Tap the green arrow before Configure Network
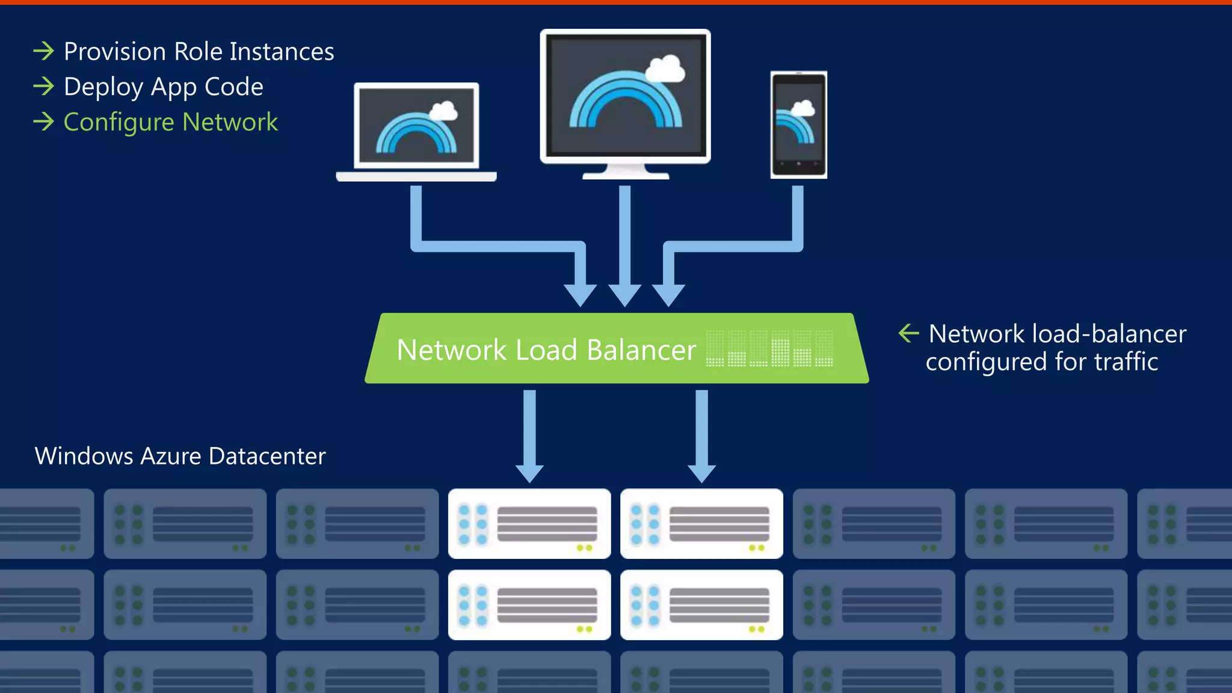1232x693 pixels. tap(43, 122)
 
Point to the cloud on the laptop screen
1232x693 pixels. tap(443, 111)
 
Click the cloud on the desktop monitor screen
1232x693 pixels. tap(665, 69)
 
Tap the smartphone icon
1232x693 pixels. tap(799, 125)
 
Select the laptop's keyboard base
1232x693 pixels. tap(416, 176)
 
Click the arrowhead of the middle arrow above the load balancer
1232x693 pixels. tap(625, 295)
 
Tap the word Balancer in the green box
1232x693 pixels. tap(641, 350)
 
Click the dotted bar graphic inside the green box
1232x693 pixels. tap(769, 349)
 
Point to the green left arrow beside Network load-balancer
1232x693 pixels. tap(908, 333)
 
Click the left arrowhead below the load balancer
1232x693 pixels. tap(529, 473)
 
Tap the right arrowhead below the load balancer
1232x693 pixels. tap(701, 473)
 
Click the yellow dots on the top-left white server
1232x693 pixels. tap(584, 548)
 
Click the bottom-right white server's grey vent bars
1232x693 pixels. tap(719, 605)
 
